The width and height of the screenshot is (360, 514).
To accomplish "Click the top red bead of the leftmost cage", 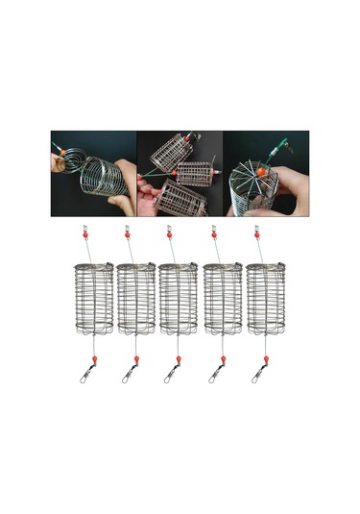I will coord(84,235).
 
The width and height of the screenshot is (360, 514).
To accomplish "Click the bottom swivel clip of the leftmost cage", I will coord(84,376).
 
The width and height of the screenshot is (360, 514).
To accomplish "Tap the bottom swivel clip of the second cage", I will coord(126,376).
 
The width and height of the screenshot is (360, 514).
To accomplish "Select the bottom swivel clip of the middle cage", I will coord(169,376).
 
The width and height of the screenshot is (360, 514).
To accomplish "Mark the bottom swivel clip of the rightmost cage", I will coord(257,376).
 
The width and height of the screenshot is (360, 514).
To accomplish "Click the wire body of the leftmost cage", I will coord(94,298).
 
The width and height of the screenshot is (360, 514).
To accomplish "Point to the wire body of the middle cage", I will coord(180,298).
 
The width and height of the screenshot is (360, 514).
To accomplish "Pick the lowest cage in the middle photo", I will coord(180,198).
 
